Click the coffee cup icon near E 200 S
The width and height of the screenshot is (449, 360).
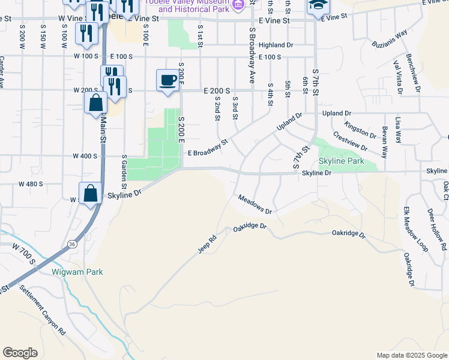tap(167, 80)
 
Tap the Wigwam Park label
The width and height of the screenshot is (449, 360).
tap(77, 272)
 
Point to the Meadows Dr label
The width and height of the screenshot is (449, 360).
tap(255, 205)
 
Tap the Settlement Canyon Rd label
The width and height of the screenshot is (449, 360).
tap(42, 310)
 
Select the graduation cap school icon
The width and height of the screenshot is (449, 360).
tap(318, 6)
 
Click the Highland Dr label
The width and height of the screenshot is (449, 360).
tap(276, 45)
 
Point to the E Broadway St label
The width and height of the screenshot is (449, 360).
tap(208, 149)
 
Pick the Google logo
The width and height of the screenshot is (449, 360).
tap(20, 353)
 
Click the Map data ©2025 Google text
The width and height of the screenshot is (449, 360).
tap(411, 355)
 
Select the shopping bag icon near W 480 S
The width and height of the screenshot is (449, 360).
tap(90, 194)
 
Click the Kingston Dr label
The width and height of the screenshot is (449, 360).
tap(360, 129)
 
